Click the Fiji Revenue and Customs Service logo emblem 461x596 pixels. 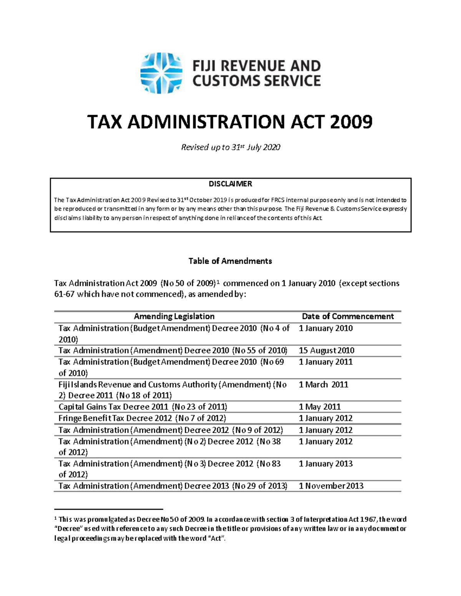coord(161,73)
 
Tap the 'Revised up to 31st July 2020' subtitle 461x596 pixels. coord(230,147)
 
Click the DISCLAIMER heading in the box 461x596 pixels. coord(230,184)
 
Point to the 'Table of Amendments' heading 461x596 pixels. coord(230,261)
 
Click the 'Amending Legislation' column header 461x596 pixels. coord(174,316)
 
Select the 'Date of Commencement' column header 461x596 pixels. coord(348,316)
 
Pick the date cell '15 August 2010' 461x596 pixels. coord(327,350)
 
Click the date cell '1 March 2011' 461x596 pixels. coord(323,385)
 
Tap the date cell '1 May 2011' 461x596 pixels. coord(320,407)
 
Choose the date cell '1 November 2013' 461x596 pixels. coord(331,486)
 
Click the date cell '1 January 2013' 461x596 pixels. coord(325,464)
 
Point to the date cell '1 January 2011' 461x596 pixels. coord(325,362)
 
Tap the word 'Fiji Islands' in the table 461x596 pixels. coord(76,385)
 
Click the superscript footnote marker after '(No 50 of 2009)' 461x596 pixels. coord(218,282)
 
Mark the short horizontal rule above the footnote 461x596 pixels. coord(109,509)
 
